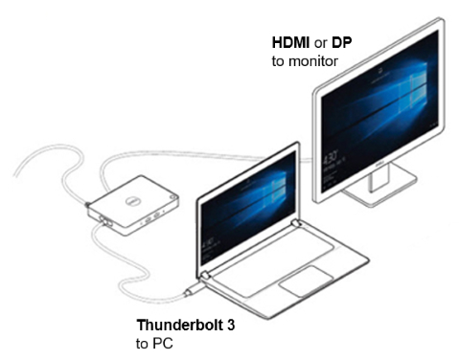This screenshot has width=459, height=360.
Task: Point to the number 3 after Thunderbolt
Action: coord(230,325)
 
